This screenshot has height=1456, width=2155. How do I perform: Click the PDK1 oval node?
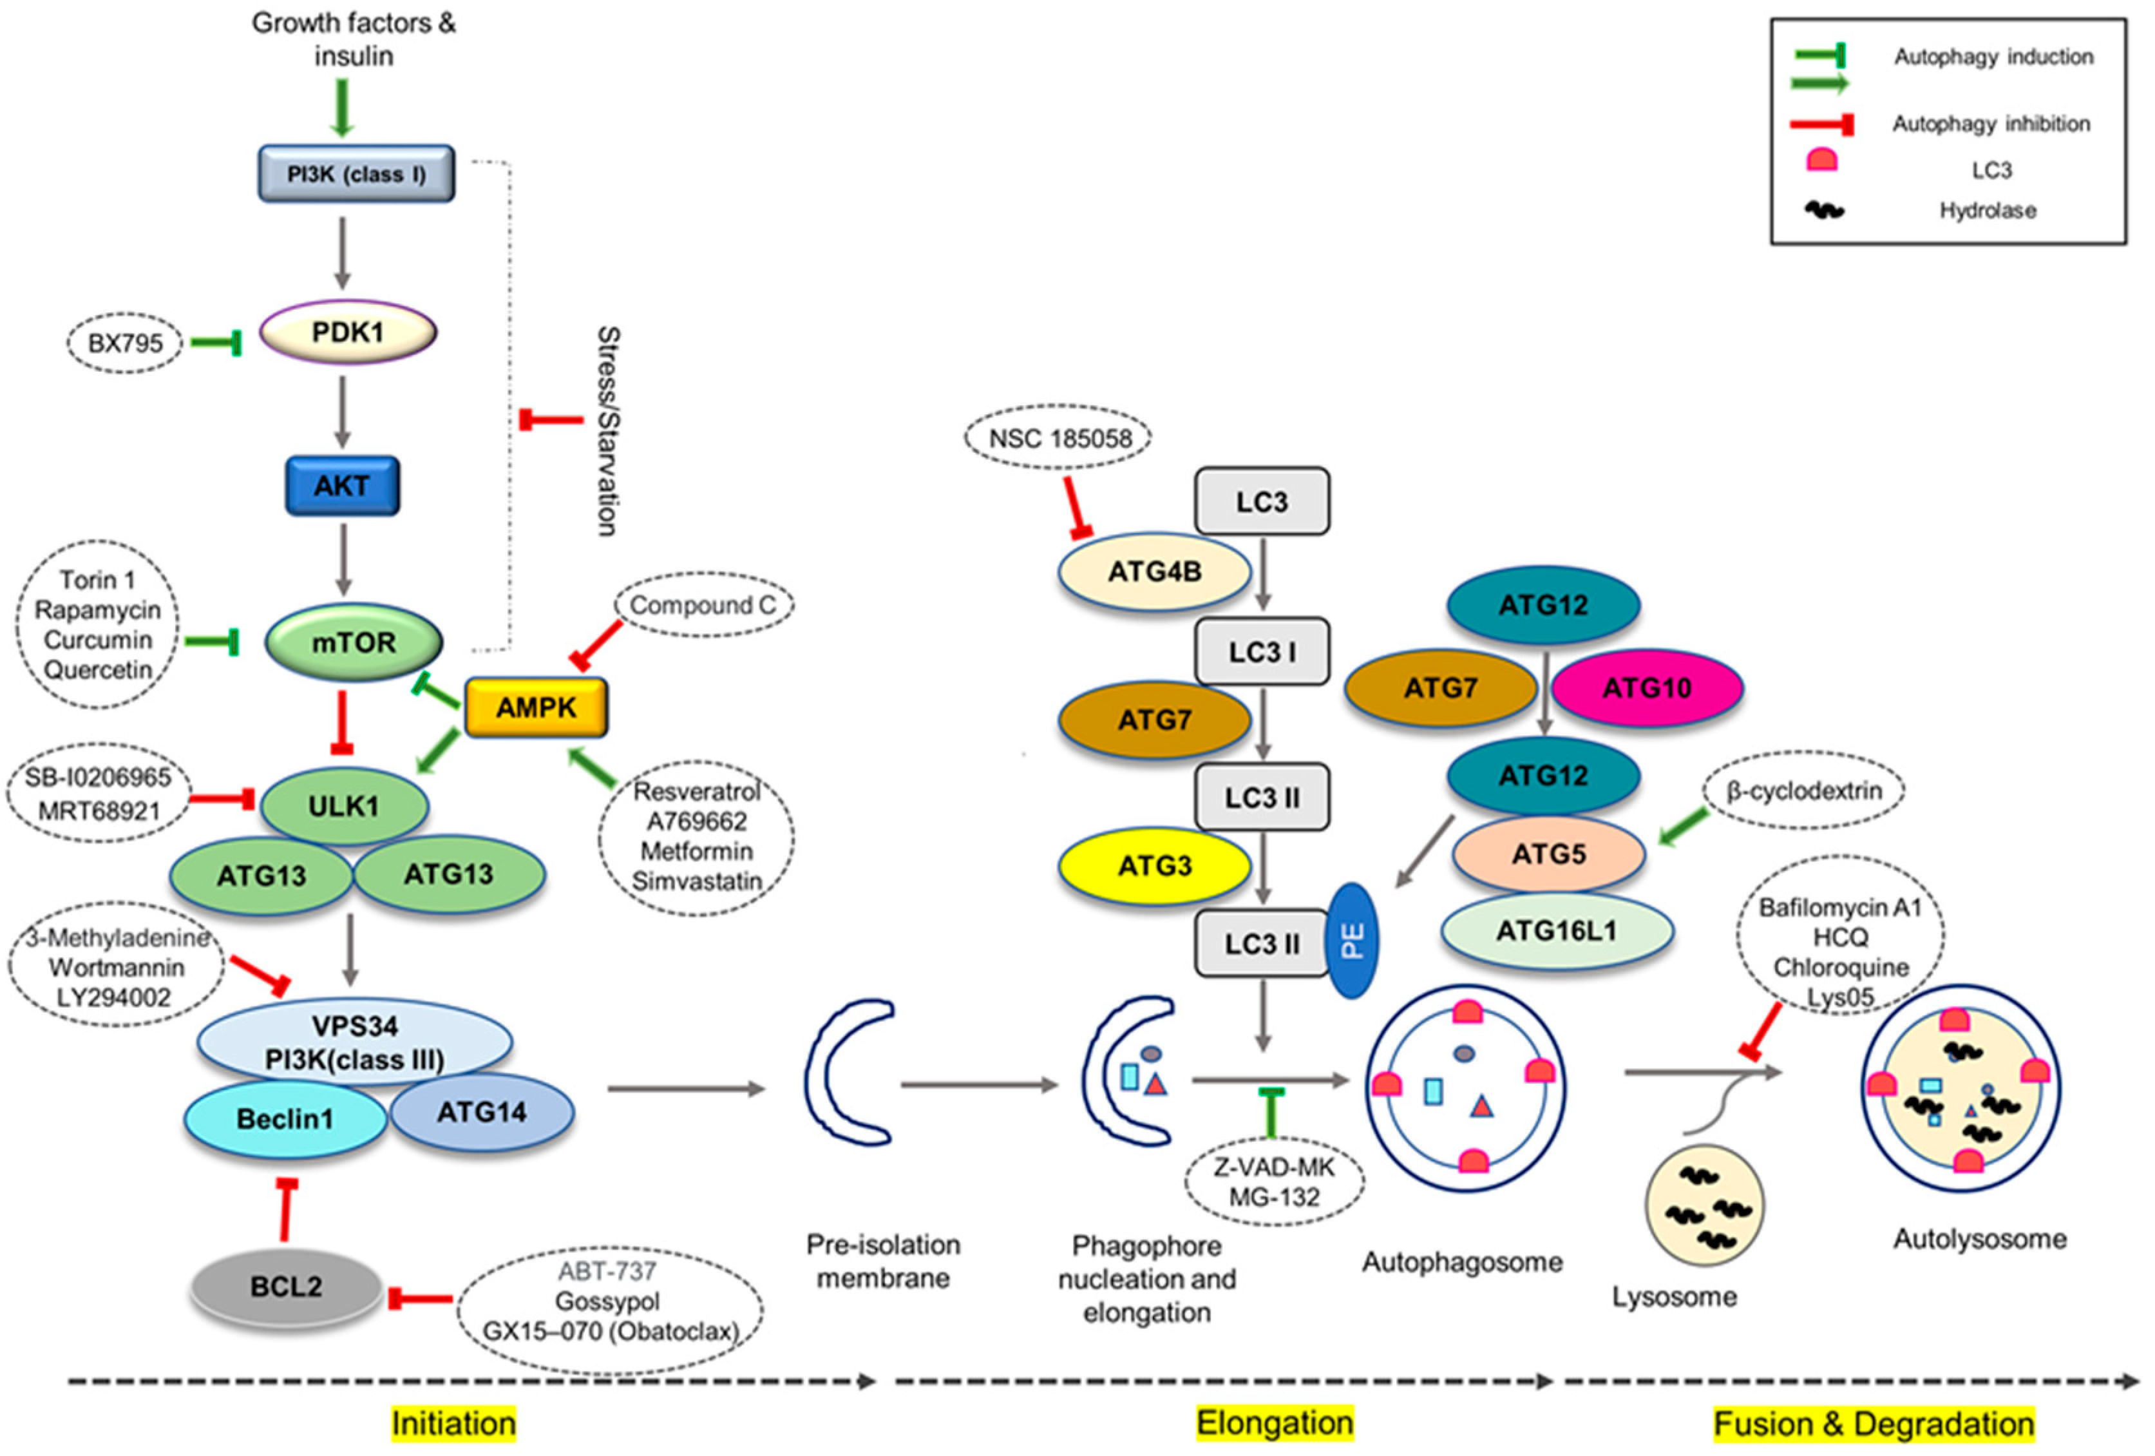(348, 332)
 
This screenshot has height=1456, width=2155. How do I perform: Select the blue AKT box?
(342, 485)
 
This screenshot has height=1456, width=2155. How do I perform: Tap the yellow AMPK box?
(536, 707)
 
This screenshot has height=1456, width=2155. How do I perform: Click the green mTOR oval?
(354, 642)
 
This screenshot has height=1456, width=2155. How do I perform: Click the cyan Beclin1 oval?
(285, 1118)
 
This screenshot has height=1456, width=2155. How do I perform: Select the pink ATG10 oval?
(1647, 688)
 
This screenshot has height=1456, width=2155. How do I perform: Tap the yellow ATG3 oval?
(1154, 865)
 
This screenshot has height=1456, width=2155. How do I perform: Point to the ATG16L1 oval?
(1556, 930)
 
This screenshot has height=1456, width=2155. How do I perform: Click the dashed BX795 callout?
(125, 343)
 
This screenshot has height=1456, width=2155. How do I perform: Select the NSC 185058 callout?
(1058, 437)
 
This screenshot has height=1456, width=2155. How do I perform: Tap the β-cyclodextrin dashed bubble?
(1803, 791)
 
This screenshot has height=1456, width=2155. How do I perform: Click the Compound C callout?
(703, 605)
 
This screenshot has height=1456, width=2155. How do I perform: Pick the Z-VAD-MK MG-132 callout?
(1274, 1182)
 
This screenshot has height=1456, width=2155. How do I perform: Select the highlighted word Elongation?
(1274, 1422)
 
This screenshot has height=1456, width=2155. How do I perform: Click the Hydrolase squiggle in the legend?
(1824, 211)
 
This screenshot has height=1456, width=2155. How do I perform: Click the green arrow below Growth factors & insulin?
(342, 108)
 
